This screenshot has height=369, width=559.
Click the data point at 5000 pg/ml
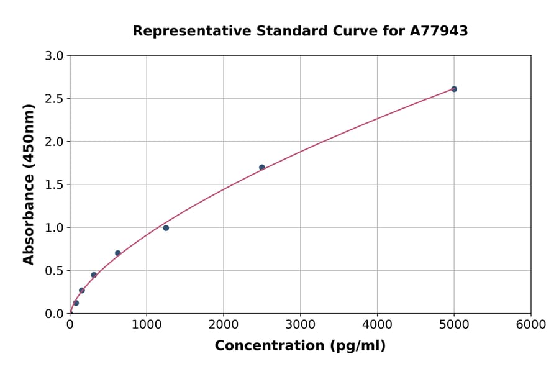pyautogui.click(x=454, y=89)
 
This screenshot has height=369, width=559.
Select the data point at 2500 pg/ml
pyautogui.click(x=262, y=167)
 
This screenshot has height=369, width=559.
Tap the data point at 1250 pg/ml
pyautogui.click(x=166, y=228)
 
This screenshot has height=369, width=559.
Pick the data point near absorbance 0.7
pyautogui.click(x=118, y=253)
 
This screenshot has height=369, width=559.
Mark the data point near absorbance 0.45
pyautogui.click(x=94, y=275)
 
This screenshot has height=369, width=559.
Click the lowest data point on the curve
pyautogui.click(x=76, y=303)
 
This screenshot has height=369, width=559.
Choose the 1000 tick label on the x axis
pyautogui.click(x=147, y=325)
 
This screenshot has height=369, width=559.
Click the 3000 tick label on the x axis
pyautogui.click(x=301, y=325)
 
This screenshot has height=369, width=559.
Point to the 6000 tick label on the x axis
pyautogui.click(x=531, y=325)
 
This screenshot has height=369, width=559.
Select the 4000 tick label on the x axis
pyautogui.click(x=377, y=325)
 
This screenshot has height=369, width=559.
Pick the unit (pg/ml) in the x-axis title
pyautogui.click(x=359, y=346)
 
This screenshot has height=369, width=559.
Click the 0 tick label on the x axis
pyautogui.click(x=70, y=325)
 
